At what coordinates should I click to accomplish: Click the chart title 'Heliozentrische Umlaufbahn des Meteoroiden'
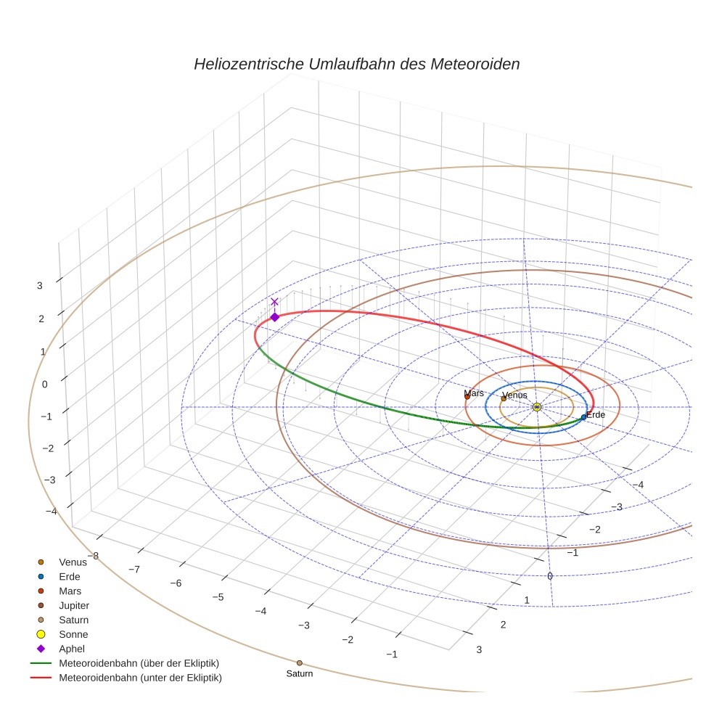pyautogui.click(x=356, y=64)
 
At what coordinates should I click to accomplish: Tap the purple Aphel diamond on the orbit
pyautogui.click(x=274, y=317)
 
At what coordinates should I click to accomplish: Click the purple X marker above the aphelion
pyautogui.click(x=274, y=302)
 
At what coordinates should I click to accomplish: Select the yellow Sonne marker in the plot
pyautogui.click(x=536, y=407)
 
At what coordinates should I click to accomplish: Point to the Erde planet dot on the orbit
pyautogui.click(x=583, y=417)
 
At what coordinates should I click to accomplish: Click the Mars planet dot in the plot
pyautogui.click(x=467, y=396)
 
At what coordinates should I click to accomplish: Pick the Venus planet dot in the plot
pyautogui.click(x=504, y=398)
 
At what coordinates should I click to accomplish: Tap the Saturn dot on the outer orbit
pyautogui.click(x=299, y=662)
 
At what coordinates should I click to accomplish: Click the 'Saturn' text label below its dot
pyautogui.click(x=299, y=674)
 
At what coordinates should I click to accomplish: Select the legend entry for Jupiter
pyautogui.click(x=75, y=605)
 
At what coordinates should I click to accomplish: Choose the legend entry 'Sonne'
pyautogui.click(x=73, y=634)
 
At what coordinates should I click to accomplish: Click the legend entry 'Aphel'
pyautogui.click(x=72, y=649)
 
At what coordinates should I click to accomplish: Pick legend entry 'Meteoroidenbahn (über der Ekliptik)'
pyautogui.click(x=139, y=663)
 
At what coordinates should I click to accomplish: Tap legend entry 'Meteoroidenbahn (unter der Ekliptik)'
pyautogui.click(x=140, y=678)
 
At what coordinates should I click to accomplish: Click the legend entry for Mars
pyautogui.click(x=70, y=591)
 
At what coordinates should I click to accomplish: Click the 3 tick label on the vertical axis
pyautogui.click(x=40, y=286)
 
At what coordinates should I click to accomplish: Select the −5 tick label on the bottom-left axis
pyautogui.click(x=217, y=596)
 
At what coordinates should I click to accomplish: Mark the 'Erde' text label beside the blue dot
pyautogui.click(x=596, y=415)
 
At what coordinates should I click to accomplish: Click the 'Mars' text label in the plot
pyautogui.click(x=474, y=393)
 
